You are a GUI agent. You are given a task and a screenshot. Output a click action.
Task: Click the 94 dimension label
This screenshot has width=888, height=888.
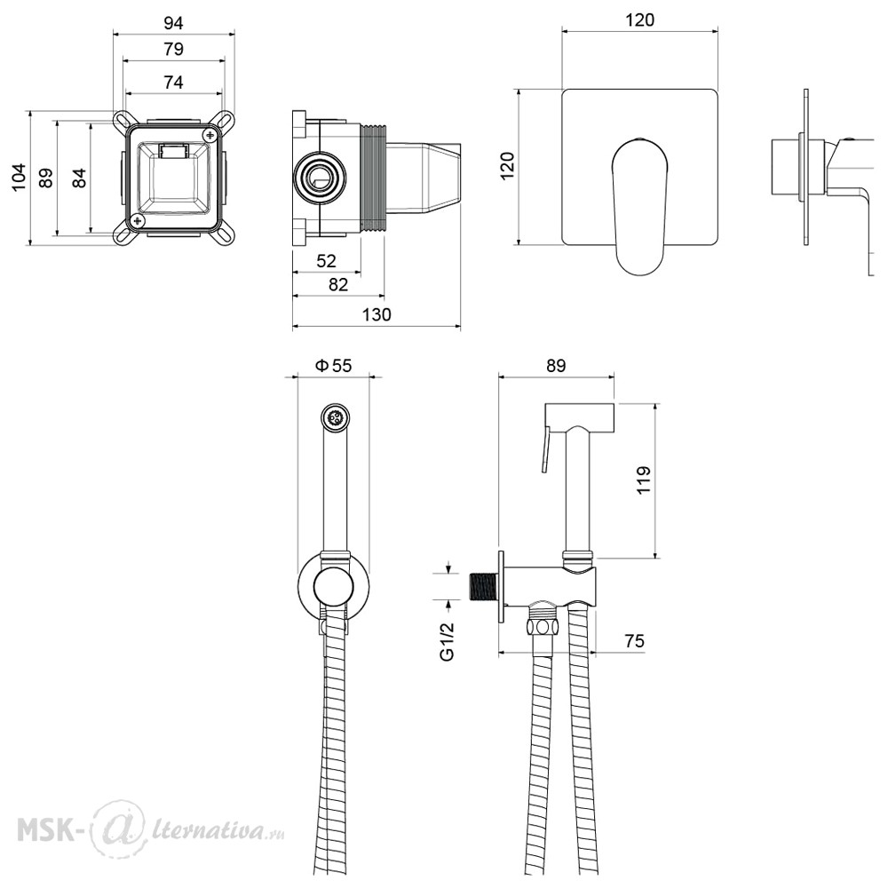tap(173, 23)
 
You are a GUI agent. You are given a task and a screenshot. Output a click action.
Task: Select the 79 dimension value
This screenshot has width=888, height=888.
tap(173, 49)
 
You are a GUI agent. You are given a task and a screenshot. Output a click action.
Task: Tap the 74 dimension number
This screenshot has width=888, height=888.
tap(173, 83)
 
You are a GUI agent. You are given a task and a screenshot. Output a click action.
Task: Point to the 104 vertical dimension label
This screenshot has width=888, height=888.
tap(19, 178)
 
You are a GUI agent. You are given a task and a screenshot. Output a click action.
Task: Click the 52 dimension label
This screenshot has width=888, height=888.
tap(326, 261)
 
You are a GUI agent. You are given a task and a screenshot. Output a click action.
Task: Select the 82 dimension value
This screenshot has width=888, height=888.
tap(338, 284)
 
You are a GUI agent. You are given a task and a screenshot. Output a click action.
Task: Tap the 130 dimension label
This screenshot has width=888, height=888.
tap(376, 315)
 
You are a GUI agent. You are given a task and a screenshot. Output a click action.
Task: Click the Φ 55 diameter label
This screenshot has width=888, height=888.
tap(334, 366)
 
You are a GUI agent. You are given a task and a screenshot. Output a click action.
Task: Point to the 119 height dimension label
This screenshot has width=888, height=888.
tap(643, 480)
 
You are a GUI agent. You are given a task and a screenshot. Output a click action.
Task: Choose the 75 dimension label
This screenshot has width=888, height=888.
tap(634, 641)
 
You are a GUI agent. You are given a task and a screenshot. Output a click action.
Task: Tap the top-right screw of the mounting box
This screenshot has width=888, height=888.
tap(210, 135)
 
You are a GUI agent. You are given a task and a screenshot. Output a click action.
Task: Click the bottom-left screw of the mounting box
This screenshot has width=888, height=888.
tap(137, 220)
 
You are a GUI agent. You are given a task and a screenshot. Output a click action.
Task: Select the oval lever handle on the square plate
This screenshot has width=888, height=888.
tap(639, 207)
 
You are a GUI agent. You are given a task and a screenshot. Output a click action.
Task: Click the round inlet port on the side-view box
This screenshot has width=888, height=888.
tap(320, 178)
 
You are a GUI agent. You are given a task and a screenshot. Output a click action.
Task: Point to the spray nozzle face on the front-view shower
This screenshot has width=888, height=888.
tap(334, 418)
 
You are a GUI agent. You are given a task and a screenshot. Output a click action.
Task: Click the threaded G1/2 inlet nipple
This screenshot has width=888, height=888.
tap(484, 585)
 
